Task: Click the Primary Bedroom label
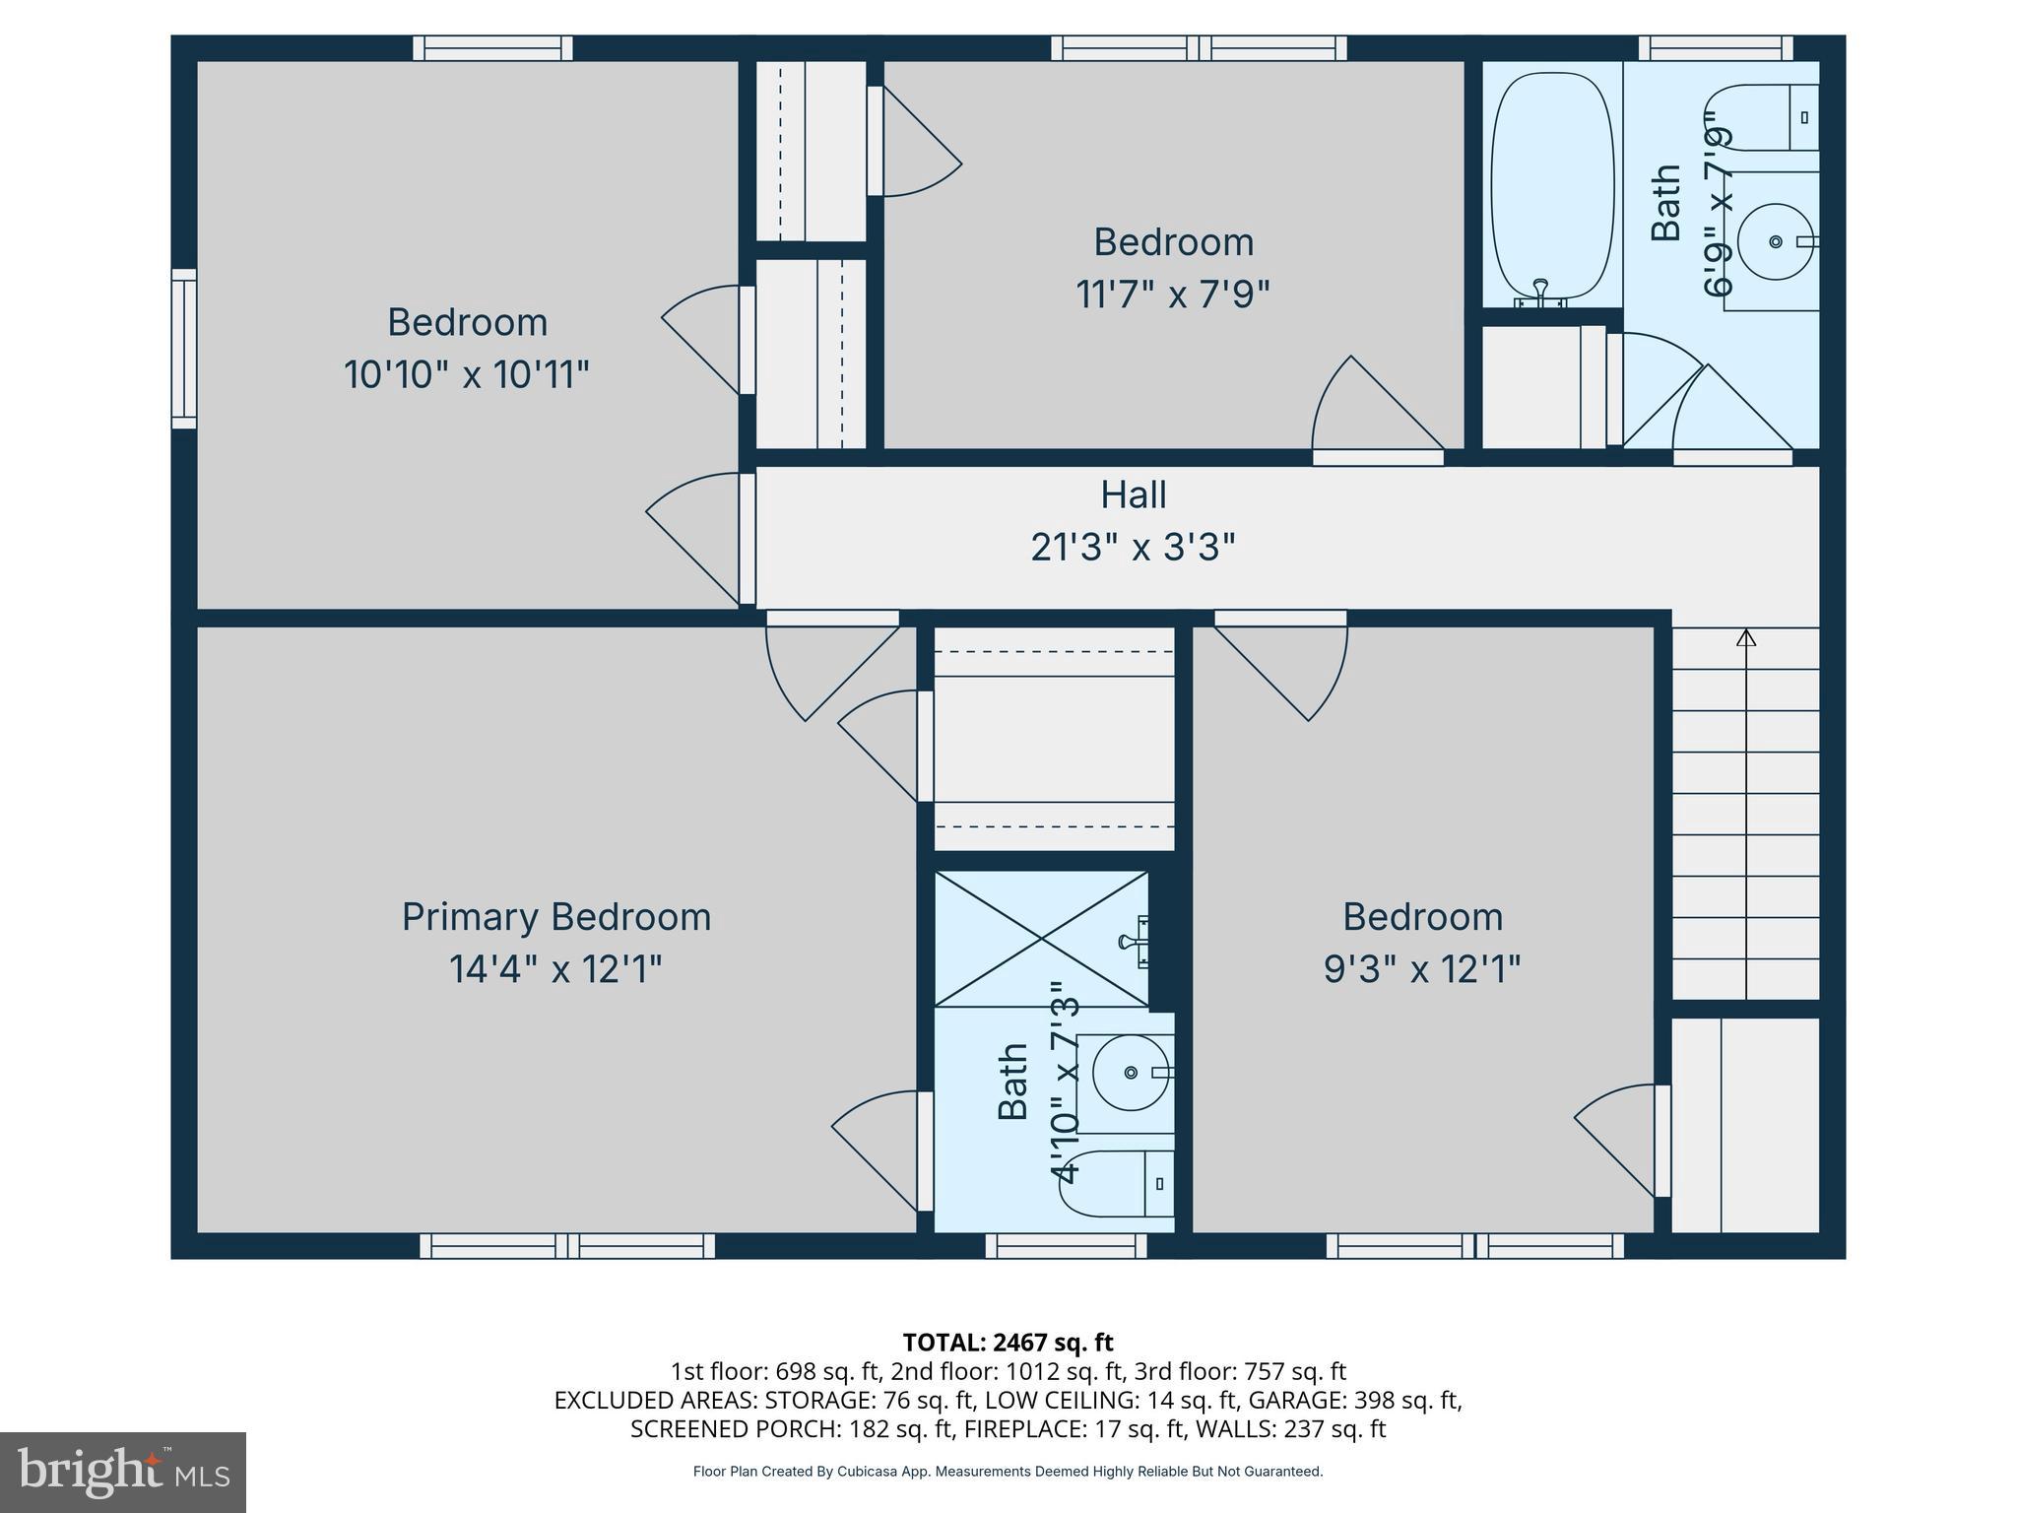(x=555, y=917)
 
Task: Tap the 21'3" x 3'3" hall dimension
(x=1133, y=547)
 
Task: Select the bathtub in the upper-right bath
(x=1552, y=185)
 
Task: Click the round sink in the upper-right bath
(x=1775, y=241)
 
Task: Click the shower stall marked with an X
(x=1041, y=940)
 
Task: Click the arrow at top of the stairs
(x=1746, y=638)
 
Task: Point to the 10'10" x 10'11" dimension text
(x=466, y=375)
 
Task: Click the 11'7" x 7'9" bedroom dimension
(x=1173, y=295)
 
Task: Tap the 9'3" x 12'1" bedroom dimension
(x=1422, y=969)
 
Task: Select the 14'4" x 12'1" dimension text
(x=555, y=969)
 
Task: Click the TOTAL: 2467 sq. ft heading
(x=1008, y=1342)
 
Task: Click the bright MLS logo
(x=122, y=1472)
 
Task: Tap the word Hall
(x=1133, y=494)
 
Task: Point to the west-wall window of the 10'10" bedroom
(x=184, y=349)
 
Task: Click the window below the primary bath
(x=1066, y=1246)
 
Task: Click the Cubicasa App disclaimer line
(x=1008, y=1472)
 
